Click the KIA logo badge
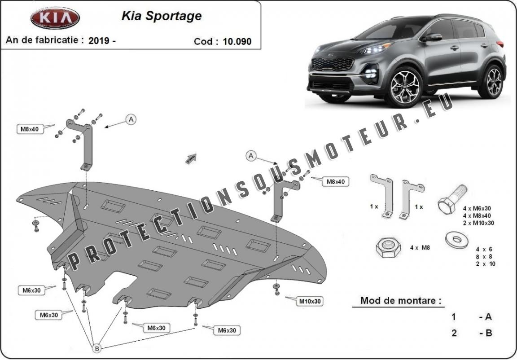coord(55,18)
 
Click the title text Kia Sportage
coord(162,16)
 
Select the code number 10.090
coord(237,41)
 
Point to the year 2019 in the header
coord(99,40)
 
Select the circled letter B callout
coord(97,348)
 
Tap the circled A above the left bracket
coord(131,119)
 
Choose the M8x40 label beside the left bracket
coord(30,129)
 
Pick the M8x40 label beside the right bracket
coord(335,181)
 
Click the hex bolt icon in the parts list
coord(451,199)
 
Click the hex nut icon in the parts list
coord(388,247)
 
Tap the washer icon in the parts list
coord(457,240)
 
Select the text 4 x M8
coord(420,248)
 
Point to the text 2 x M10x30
coord(478,223)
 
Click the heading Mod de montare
coord(401,301)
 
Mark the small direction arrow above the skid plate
coord(191,158)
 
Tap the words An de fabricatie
coord(42,40)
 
